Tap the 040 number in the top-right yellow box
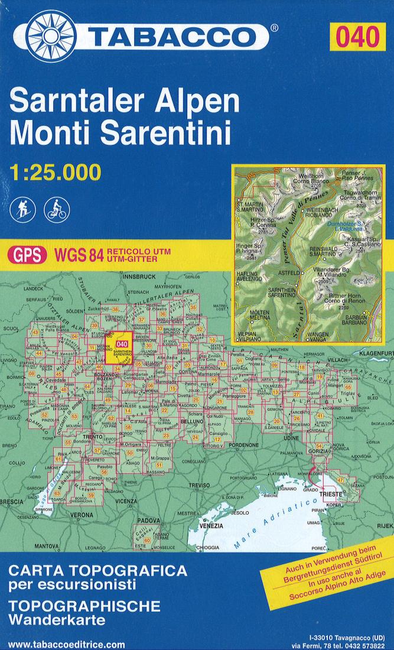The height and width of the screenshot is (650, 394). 357,37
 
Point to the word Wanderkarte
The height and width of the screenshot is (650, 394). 57,621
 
